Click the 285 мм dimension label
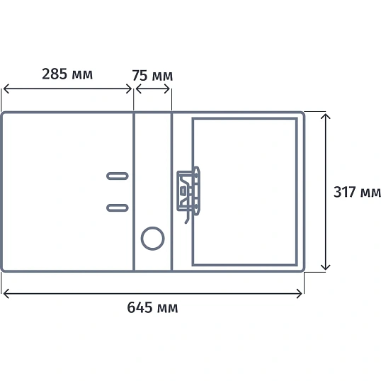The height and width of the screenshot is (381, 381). click(x=67, y=74)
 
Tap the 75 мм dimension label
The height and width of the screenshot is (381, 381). click(x=152, y=75)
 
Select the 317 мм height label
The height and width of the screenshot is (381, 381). click(x=357, y=192)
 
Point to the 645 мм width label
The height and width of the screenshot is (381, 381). click(x=152, y=307)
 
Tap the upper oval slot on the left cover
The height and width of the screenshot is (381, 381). click(x=118, y=176)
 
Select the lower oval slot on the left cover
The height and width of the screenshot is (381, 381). click(x=118, y=207)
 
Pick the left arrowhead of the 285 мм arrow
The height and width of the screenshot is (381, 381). click(x=6, y=89)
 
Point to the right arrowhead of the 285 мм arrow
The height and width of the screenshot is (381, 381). click(x=129, y=89)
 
